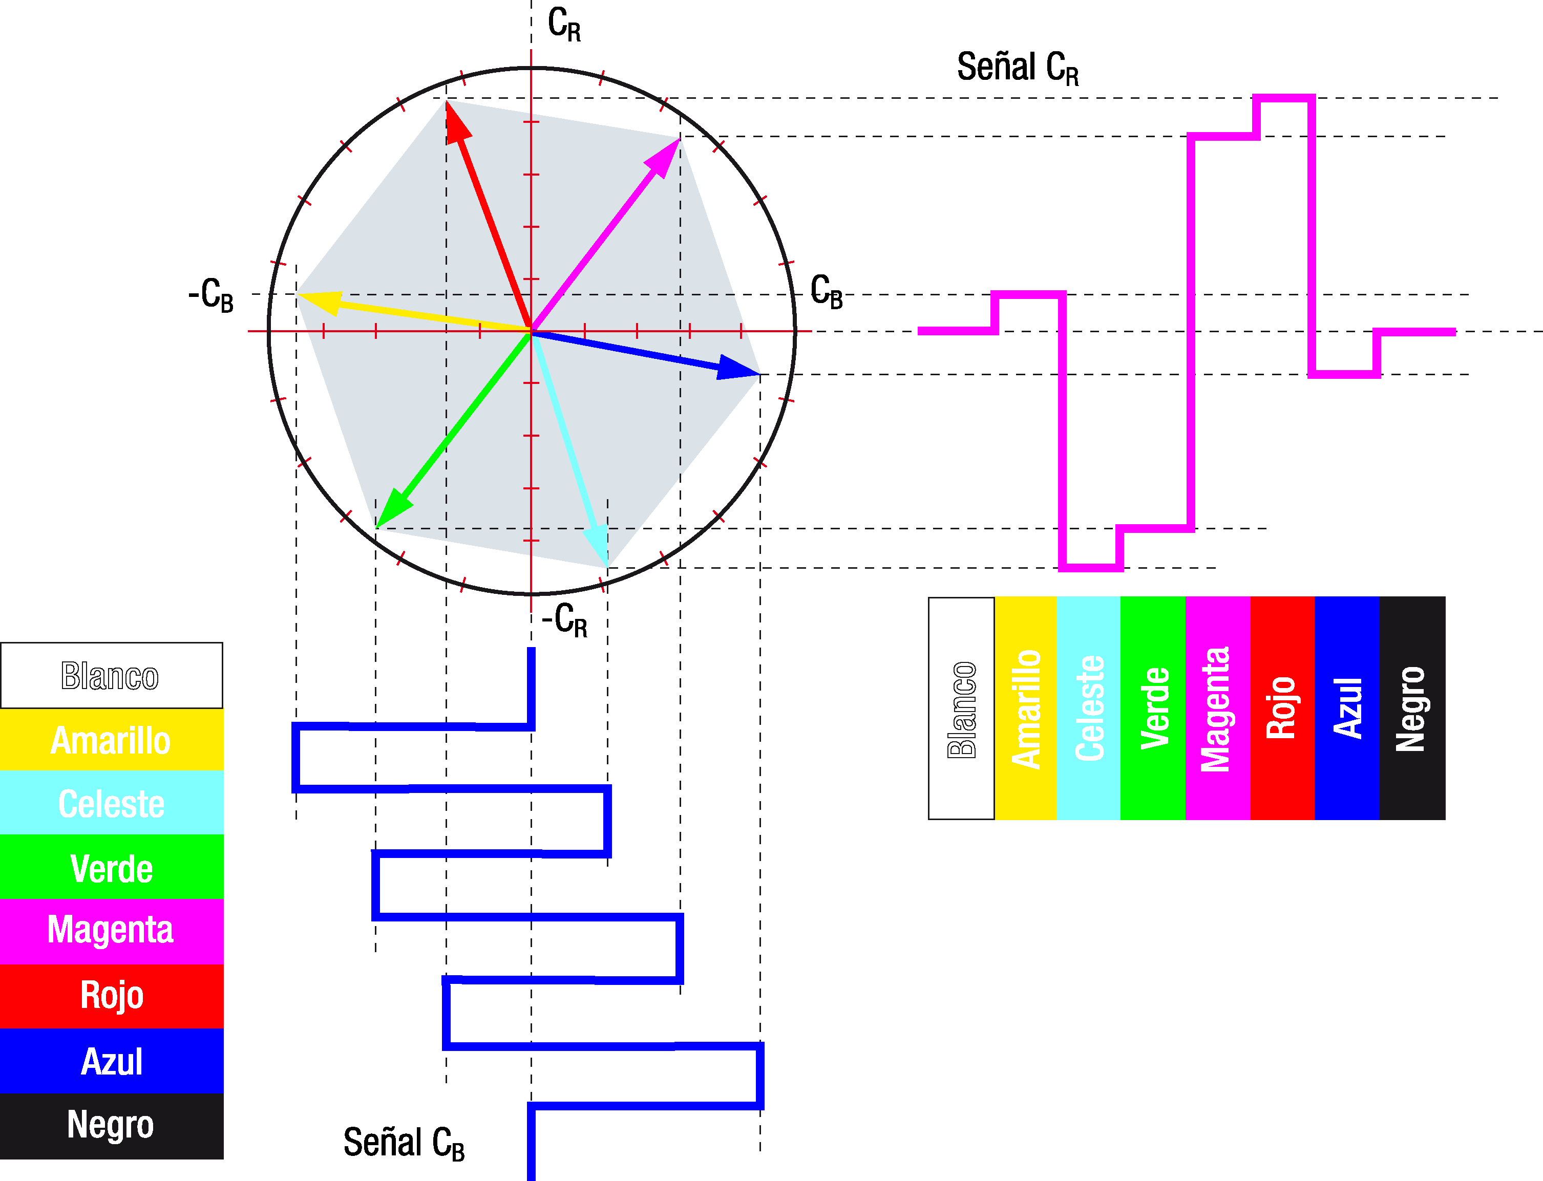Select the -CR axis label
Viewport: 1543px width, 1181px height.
point(564,620)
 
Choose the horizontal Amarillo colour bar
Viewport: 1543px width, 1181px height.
point(111,740)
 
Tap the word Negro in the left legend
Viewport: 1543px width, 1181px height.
point(111,1124)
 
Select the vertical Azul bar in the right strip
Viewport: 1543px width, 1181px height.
point(1347,708)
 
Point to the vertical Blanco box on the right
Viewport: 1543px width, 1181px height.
point(961,708)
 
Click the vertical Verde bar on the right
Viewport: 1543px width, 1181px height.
point(1153,708)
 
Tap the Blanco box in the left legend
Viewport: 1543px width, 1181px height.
point(111,676)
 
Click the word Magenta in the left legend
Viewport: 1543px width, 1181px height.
point(111,930)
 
